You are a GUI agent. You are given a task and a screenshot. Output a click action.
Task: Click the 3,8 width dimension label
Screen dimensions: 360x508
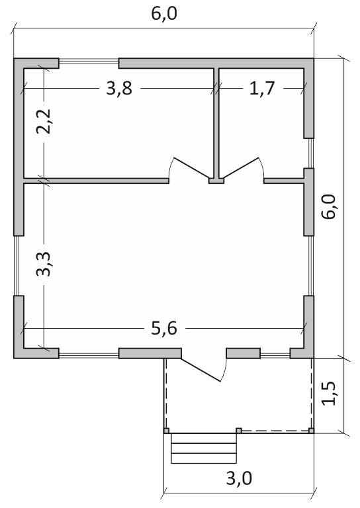119,88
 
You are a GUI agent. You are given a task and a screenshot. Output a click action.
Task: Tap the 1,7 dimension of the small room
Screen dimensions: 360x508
262,88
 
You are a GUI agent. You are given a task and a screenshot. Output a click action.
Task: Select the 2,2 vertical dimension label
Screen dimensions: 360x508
43,122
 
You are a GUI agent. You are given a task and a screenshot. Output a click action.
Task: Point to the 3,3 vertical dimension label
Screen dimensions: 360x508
43,264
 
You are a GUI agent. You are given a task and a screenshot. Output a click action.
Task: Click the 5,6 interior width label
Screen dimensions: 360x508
164,329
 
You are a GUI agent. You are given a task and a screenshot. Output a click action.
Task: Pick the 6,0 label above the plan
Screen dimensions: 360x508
164,14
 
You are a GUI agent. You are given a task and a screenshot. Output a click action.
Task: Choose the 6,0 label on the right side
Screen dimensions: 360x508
329,206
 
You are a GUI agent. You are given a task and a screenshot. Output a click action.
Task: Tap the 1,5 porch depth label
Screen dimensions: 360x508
329,393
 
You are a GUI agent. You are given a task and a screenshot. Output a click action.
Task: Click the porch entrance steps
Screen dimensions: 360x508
203,448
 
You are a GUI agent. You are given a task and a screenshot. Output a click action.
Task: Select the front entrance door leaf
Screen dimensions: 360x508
201,370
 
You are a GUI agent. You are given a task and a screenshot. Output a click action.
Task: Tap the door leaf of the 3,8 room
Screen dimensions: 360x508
191,168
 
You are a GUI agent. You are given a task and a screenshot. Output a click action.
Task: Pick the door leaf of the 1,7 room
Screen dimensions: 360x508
241,168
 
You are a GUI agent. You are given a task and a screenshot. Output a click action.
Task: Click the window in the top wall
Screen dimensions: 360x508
89,62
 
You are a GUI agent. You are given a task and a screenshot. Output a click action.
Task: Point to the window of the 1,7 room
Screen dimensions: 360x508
311,153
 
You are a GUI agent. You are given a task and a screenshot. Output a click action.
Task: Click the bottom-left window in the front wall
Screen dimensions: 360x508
89,355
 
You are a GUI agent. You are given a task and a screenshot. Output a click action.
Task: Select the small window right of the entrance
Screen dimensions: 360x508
275,355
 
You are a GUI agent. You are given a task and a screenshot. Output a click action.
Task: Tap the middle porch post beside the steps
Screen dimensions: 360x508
239,431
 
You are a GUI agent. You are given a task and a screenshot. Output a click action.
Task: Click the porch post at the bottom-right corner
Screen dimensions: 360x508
311,431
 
